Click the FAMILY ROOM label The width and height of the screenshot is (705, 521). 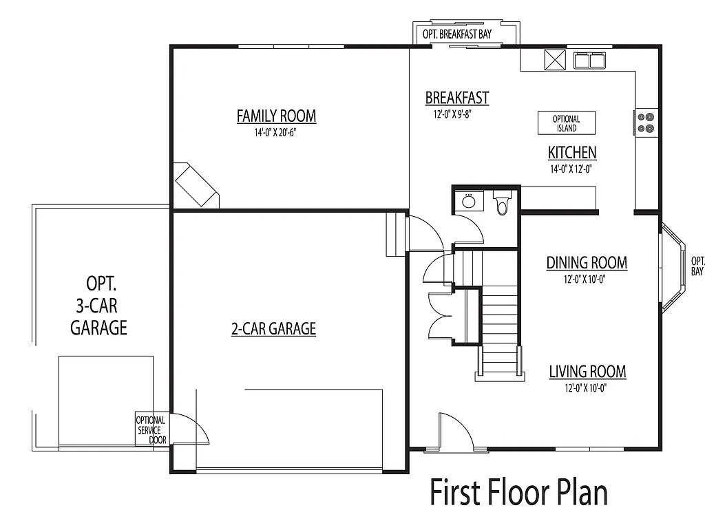click(x=276, y=116)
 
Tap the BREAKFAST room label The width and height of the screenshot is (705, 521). click(x=456, y=98)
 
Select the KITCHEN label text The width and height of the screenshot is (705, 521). click(x=571, y=153)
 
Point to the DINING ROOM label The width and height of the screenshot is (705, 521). click(x=587, y=262)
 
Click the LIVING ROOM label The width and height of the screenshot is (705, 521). click(x=587, y=372)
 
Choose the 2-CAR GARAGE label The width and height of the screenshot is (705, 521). click(x=273, y=329)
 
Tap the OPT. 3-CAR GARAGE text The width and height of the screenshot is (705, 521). click(x=99, y=306)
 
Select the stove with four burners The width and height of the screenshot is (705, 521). click(x=646, y=122)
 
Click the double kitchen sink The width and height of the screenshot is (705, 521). click(x=589, y=61)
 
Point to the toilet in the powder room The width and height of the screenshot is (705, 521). click(x=502, y=204)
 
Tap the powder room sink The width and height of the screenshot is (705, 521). click(x=469, y=201)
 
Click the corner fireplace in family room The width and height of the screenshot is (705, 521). click(x=196, y=185)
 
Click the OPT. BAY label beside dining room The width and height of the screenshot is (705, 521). click(x=697, y=266)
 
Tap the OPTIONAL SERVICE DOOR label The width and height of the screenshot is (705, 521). click(x=150, y=430)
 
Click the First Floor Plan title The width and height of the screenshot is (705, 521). click(x=518, y=493)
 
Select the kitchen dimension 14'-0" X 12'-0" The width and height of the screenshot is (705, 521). click(x=571, y=169)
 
